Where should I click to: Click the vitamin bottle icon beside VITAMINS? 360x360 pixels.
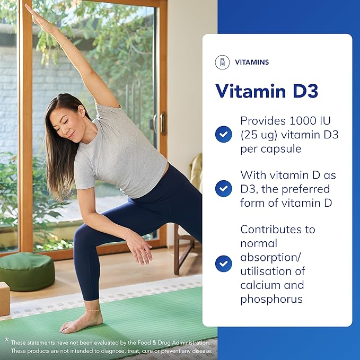click(223, 63)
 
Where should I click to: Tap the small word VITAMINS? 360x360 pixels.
click(251, 63)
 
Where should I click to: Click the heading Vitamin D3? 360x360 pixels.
click(267, 91)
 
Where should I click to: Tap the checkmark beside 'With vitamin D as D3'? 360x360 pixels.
click(223, 189)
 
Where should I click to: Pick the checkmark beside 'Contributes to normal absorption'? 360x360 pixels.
click(223, 264)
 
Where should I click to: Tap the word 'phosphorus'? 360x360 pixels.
click(271, 298)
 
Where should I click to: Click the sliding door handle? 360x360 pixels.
click(163, 123)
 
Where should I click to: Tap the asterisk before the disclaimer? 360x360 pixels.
click(6, 339)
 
